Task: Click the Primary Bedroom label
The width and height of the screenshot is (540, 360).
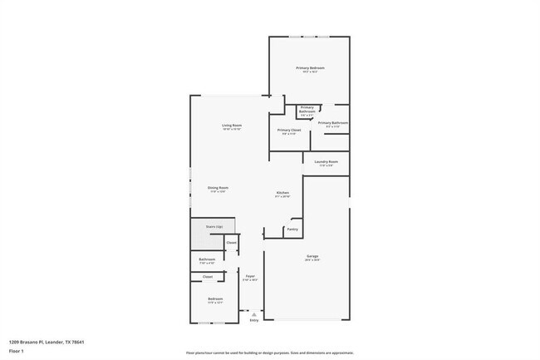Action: tap(309, 67)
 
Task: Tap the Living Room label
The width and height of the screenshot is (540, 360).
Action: tap(231, 126)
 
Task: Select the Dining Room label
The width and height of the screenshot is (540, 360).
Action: tap(218, 188)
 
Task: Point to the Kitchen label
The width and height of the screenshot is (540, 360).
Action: tap(282, 193)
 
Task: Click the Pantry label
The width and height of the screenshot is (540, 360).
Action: tap(292, 229)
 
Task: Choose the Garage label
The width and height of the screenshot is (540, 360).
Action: tap(312, 256)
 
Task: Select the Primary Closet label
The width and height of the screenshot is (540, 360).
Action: tap(289, 131)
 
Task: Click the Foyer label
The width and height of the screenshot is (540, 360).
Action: tap(249, 276)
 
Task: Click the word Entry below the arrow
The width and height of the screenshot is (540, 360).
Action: tap(254, 320)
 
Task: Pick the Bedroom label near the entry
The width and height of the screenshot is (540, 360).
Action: tap(215, 298)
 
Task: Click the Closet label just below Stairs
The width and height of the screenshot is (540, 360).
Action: tap(232, 243)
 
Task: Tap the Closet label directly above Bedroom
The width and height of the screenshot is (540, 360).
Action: tap(208, 276)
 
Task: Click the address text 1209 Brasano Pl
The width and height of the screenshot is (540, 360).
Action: tap(47, 342)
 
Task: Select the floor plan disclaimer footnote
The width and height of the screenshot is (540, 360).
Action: tap(269, 353)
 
